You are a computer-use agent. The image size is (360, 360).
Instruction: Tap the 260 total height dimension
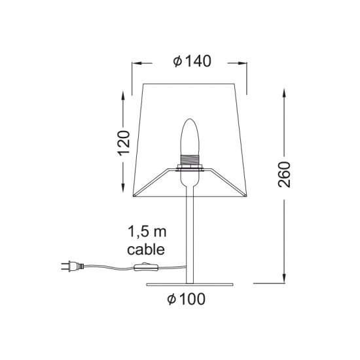click(x=283, y=174)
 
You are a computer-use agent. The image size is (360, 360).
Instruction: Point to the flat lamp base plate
click(x=189, y=283)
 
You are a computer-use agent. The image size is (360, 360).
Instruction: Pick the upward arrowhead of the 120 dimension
click(x=123, y=94)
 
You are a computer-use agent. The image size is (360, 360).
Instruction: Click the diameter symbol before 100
click(x=170, y=300)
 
